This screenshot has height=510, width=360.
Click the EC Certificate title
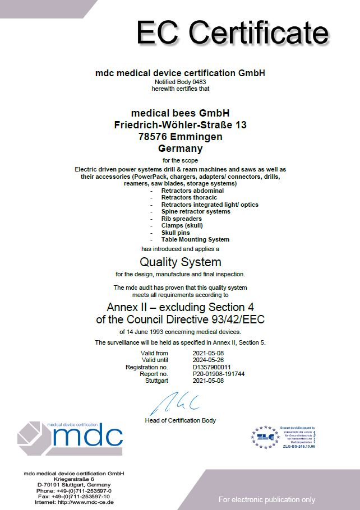233,33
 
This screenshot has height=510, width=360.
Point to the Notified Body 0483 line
180,82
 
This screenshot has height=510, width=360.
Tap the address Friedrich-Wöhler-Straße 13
180,124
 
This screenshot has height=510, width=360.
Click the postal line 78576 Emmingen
180,137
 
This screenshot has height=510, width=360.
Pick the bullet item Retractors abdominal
192,191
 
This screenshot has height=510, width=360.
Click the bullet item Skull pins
176,233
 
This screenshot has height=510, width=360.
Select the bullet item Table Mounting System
195,239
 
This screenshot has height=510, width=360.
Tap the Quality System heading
180,262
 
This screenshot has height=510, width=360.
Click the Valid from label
154,353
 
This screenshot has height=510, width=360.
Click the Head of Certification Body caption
180,420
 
